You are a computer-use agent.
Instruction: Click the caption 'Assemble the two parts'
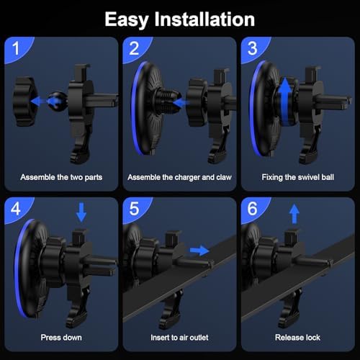[60, 176]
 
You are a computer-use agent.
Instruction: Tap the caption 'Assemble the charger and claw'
[179, 176]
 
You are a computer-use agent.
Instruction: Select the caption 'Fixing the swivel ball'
[298, 176]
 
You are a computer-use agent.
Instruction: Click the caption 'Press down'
[61, 337]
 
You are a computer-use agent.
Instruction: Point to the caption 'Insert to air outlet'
[179, 337]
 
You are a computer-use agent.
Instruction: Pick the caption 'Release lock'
[298, 337]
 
